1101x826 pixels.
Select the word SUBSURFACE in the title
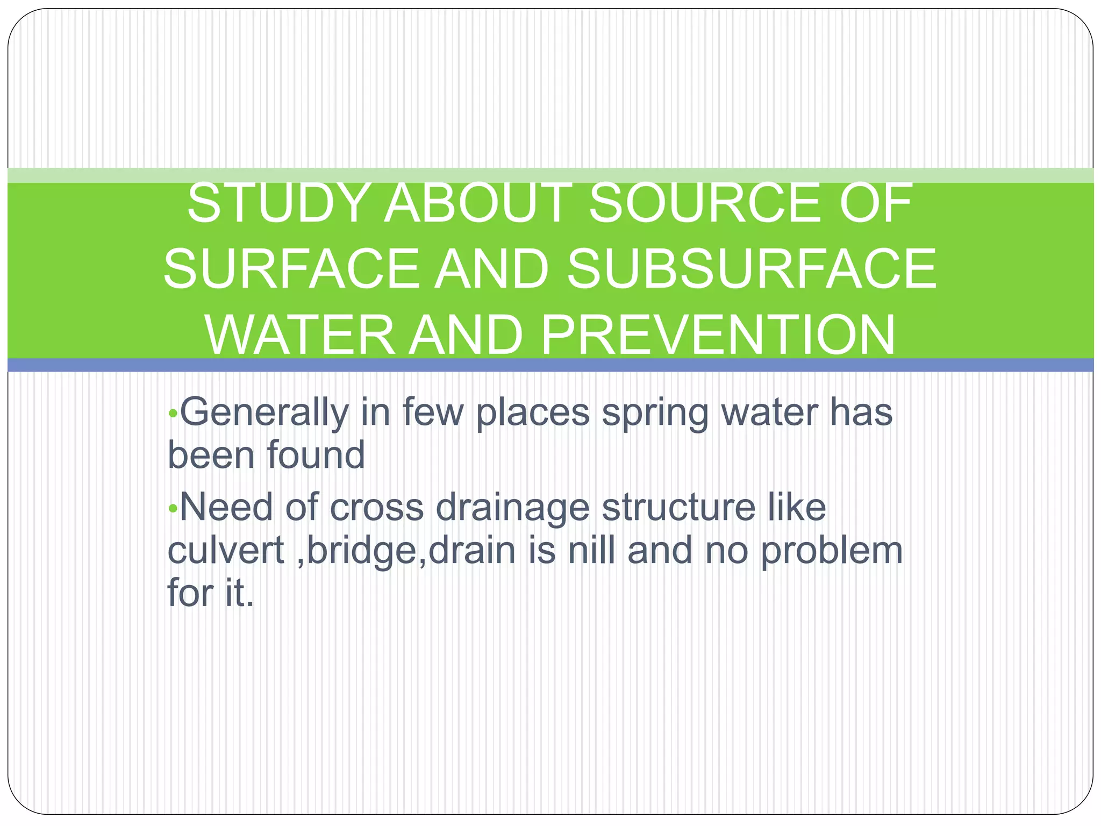pos(752,269)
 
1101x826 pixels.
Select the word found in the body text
pos(316,455)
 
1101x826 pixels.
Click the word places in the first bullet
pos(533,413)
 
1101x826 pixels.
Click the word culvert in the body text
pos(226,551)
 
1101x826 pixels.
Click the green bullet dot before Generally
pos(172,414)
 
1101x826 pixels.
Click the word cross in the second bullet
pos(376,508)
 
